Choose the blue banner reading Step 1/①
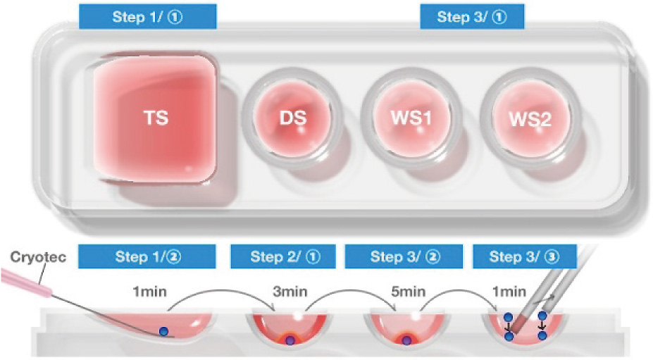point(147,17)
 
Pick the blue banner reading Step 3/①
point(472,17)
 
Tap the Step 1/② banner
point(147,256)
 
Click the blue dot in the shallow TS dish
point(164,331)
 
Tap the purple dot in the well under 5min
point(406,341)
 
